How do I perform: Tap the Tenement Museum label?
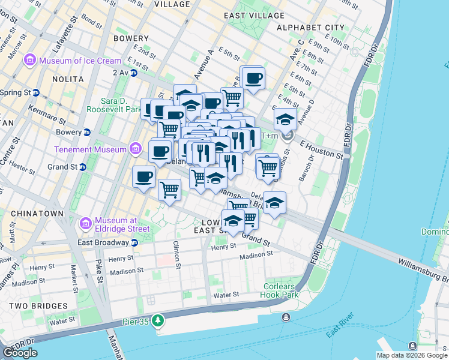pos(89,149)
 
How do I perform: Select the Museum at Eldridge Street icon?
pos(85,224)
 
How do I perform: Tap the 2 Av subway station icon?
pos(134,73)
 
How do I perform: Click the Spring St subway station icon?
pos(36,92)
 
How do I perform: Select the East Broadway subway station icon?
pos(134,242)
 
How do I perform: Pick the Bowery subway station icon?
pos(87,132)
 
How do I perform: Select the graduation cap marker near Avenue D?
pos(285,119)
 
